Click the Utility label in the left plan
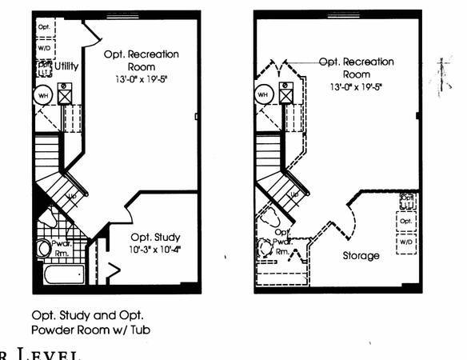click(67, 66)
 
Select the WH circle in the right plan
click(263, 95)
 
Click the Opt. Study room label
click(157, 237)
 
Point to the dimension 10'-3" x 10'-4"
click(156, 250)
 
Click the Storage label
click(361, 256)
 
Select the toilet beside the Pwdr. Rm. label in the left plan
click(44, 248)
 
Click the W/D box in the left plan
click(44, 46)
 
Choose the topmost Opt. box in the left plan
click(44, 26)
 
